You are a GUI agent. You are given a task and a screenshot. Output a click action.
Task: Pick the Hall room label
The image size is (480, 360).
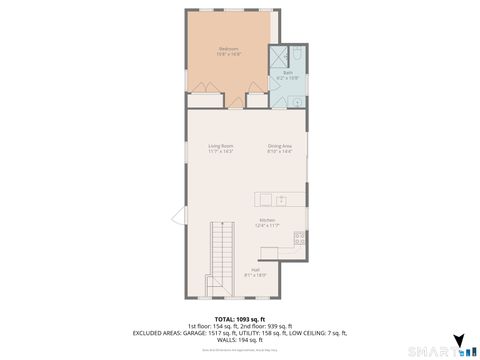coord(256,269)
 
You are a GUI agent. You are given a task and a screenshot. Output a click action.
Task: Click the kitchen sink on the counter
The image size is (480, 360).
coord(281,198)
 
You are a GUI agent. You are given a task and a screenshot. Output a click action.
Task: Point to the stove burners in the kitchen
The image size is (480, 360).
coord(299,237)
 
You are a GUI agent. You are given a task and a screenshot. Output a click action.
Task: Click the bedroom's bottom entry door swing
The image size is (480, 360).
coord(236,100)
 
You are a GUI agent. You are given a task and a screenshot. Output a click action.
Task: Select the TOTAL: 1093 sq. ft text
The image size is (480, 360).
coord(240,319)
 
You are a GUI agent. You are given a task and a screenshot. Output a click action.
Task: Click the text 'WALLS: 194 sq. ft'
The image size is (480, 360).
coord(240,340)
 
